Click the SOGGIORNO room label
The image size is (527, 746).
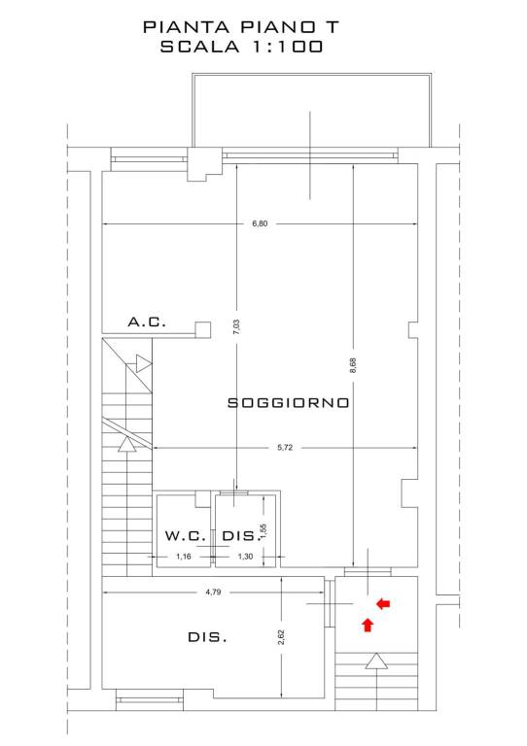(289, 403)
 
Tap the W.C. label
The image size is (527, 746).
(186, 536)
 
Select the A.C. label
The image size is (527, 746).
(147, 322)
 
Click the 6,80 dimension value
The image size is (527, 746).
(260, 223)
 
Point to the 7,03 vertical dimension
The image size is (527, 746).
(237, 326)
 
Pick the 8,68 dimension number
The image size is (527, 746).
(353, 365)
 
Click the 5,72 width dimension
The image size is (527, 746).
(285, 447)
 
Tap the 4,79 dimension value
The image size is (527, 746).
(213, 593)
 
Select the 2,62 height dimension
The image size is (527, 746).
(281, 637)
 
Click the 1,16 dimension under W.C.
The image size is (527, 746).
(184, 557)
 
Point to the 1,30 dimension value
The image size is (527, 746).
(245, 557)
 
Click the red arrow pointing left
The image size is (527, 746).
(383, 604)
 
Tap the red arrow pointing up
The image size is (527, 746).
(367, 625)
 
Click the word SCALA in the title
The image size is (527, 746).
(200, 47)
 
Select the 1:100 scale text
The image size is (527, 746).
(287, 47)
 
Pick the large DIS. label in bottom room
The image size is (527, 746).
(207, 637)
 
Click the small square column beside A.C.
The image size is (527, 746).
(203, 329)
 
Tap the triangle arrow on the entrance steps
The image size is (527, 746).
(376, 661)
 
